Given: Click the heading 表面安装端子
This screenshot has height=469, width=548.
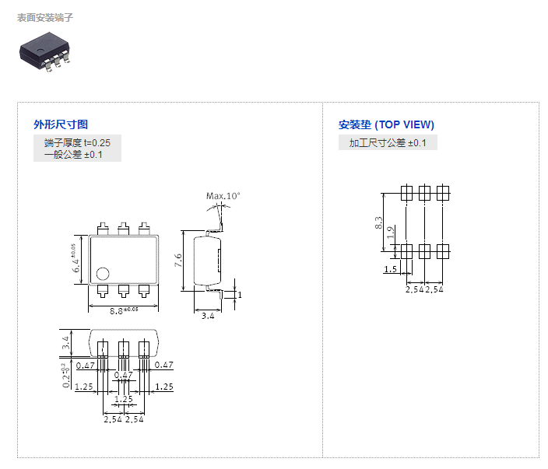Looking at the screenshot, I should point(45,17).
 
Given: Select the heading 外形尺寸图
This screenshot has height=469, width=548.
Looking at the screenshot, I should point(61,124).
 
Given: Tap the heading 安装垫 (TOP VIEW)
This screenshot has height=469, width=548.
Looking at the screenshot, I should point(386,124).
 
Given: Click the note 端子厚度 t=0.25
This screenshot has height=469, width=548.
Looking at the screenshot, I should point(77,142).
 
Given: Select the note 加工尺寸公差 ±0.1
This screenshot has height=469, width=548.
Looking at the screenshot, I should point(388,142).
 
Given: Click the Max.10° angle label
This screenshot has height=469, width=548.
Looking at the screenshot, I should point(223,195).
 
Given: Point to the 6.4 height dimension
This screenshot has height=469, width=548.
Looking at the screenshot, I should point(76,259).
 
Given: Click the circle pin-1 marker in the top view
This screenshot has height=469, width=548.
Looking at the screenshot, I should point(103,273).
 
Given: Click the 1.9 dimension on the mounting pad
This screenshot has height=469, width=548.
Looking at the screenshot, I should point(391,232).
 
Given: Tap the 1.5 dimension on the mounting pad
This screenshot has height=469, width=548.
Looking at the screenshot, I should point(391,269).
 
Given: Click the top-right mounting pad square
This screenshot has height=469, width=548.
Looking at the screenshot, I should point(443,193).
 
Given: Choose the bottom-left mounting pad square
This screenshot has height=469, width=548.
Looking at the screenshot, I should point(406,251).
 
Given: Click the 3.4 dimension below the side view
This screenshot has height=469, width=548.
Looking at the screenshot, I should point(208,316).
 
